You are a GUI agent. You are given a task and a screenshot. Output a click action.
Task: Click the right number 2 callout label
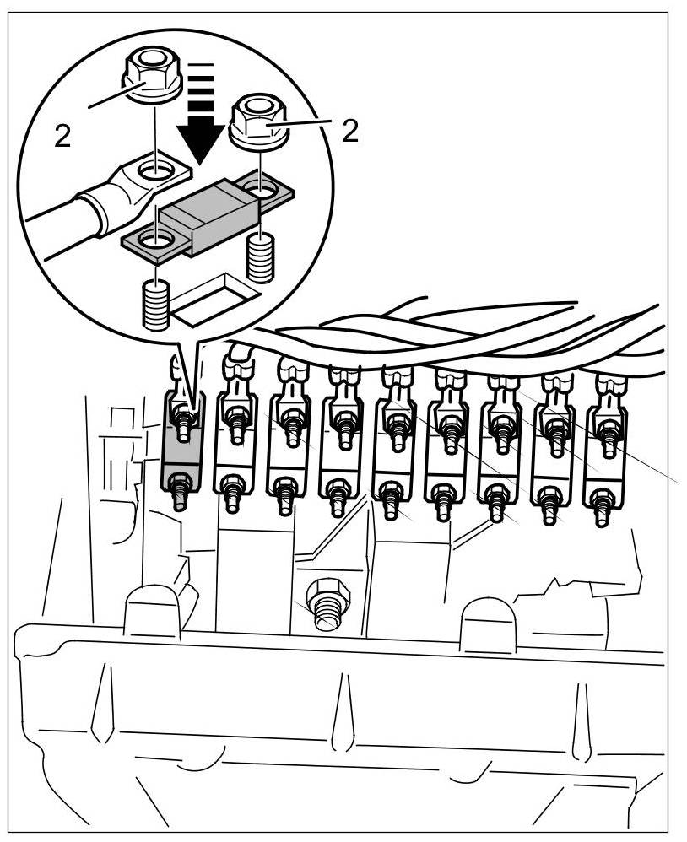350,131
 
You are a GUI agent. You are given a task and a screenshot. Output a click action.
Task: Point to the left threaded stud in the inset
157,306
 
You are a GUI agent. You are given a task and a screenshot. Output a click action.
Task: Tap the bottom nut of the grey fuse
179,487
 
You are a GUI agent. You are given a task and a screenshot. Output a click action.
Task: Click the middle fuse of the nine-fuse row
392,456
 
